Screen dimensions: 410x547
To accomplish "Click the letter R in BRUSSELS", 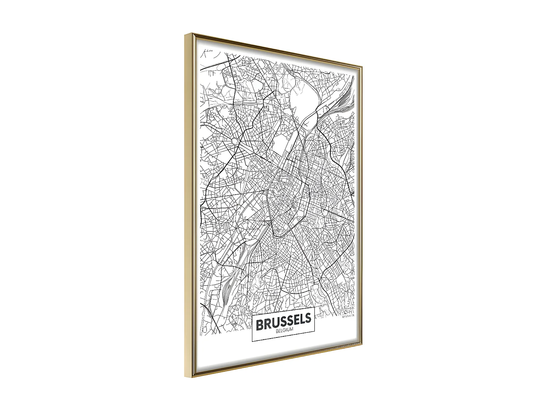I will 267,324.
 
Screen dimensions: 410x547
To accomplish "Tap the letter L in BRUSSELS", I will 302,319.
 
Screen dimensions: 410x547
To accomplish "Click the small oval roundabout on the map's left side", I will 234,140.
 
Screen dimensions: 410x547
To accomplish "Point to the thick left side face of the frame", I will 189,200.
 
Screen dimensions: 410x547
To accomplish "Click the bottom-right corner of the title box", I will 314,332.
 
